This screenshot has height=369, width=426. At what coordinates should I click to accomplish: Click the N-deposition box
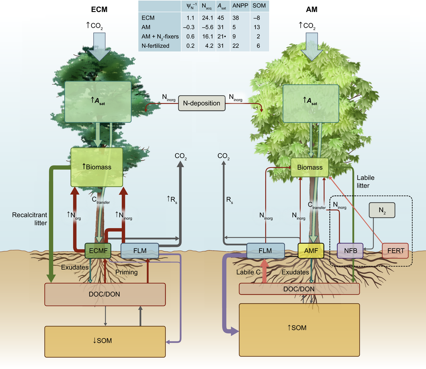(x=201, y=103)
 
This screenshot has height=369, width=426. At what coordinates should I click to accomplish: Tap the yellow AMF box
(x=311, y=251)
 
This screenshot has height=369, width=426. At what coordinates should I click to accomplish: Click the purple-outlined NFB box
(x=350, y=251)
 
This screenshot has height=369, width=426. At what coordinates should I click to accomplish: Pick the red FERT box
(x=396, y=251)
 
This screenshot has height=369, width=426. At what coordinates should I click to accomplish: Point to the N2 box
(x=382, y=211)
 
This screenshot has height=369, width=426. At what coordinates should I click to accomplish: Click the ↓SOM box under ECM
(x=104, y=341)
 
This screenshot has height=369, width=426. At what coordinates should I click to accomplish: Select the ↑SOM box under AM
(x=299, y=327)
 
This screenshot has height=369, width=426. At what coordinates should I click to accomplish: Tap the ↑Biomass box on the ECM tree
(x=96, y=167)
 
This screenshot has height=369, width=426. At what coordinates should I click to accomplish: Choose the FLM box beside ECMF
(x=139, y=251)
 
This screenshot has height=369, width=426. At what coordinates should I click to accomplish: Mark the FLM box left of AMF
(x=265, y=251)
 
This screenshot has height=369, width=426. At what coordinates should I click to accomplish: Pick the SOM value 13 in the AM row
(x=257, y=27)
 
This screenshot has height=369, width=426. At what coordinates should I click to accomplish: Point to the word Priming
(x=127, y=272)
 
